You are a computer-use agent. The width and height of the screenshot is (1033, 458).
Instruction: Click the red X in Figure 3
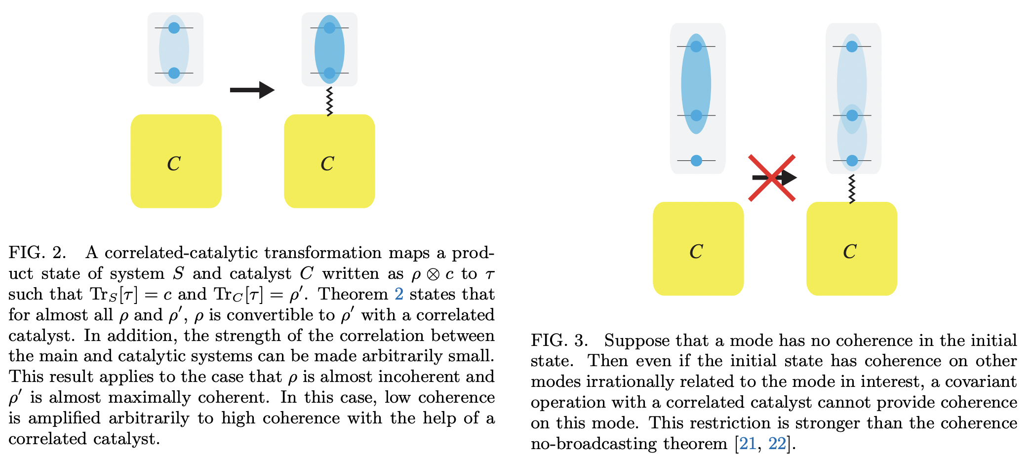pos(772,178)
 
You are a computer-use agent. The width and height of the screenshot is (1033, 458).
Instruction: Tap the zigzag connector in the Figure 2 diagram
pos(329,102)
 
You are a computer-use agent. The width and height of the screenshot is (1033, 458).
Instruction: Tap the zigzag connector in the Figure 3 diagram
pos(852,189)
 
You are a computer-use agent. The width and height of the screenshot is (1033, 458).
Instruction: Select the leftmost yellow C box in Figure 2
pos(176,161)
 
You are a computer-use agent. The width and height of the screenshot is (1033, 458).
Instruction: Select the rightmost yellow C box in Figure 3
pos(851,249)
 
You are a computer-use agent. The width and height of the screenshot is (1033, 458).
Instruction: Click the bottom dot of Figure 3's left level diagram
pos(696,160)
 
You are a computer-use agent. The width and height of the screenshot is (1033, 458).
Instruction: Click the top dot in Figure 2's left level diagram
pos(174,28)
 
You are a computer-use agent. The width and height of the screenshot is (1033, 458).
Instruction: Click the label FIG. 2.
pos(37,253)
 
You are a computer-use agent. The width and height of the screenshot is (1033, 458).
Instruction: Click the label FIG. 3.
pos(559,341)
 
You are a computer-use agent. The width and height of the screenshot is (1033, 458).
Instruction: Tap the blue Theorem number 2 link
pos(399,294)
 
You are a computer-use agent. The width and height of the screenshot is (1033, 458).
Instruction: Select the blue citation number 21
pos(748,444)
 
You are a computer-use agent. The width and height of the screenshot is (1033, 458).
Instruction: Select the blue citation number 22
pos(777,444)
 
